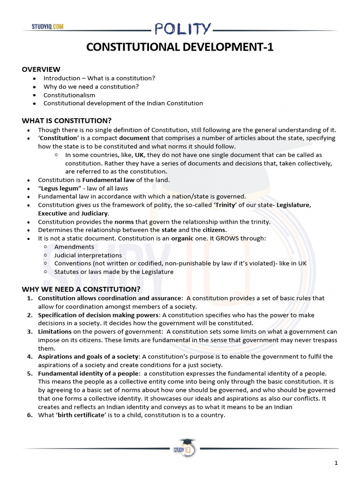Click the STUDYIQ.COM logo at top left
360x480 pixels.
click(x=48, y=27)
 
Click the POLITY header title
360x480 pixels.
click(x=182, y=29)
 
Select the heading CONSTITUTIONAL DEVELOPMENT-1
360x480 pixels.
click(x=180, y=47)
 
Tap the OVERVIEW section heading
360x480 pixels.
click(x=41, y=69)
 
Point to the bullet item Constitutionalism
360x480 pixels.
click(x=69, y=95)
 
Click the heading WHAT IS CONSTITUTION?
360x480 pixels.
click(x=67, y=120)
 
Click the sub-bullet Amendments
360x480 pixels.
click(x=74, y=247)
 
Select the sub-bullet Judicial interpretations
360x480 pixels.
click(x=88, y=255)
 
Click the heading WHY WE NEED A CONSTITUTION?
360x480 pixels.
click(x=81, y=289)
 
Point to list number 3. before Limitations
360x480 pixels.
click(x=30, y=331)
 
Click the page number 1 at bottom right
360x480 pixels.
click(x=336, y=463)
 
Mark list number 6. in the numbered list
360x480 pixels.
click(x=30, y=415)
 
